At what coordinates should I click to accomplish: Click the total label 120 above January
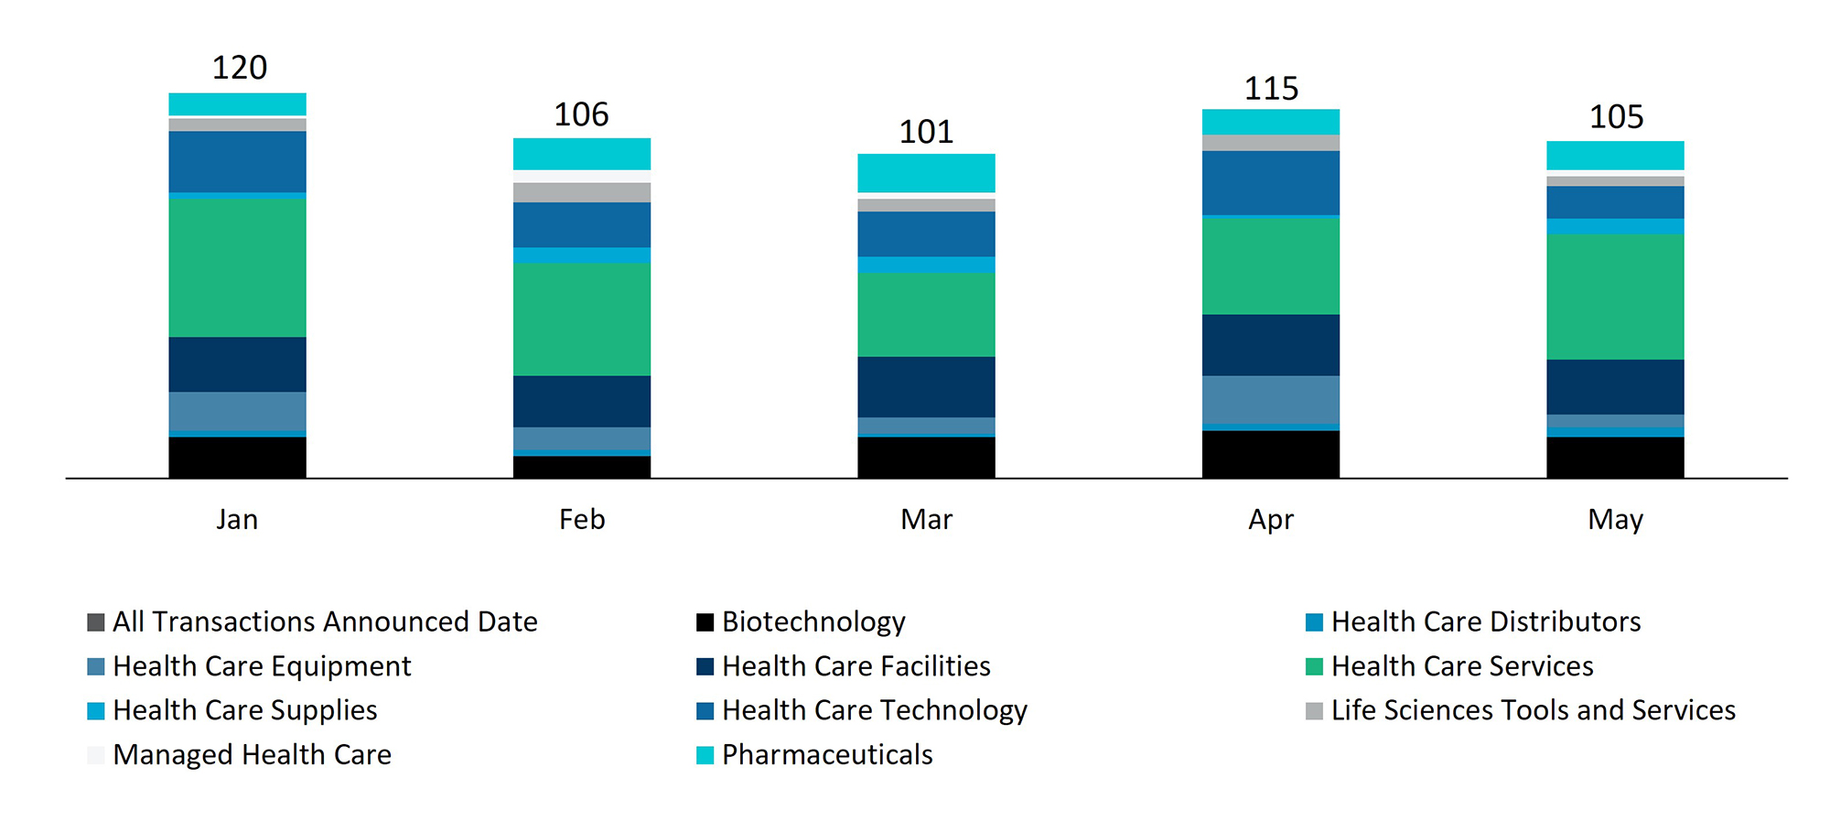coord(239,68)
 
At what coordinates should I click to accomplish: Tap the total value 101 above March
coord(926,132)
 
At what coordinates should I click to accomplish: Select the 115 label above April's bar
coord(1271,89)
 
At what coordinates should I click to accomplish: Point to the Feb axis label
coord(582,520)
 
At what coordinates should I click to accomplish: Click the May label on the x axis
coord(1615,520)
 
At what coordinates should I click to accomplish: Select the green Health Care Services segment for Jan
coord(237,267)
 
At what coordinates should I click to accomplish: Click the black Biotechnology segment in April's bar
coord(1270,454)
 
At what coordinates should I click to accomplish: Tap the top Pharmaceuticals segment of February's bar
coord(582,154)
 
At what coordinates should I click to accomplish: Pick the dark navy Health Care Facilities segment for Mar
coord(926,386)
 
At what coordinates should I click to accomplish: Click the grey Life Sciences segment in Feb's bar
coord(582,192)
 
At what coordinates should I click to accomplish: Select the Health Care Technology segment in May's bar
coord(1615,202)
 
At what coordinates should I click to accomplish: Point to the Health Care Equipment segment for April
coord(1270,399)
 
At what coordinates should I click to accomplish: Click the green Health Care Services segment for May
coord(1615,297)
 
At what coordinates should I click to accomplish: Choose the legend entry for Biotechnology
coord(813,622)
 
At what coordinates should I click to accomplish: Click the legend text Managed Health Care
coord(252,755)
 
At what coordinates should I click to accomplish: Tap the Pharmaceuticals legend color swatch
coord(705,755)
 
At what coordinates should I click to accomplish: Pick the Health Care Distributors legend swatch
coord(1314,622)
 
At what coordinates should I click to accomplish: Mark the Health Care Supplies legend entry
coord(244,710)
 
